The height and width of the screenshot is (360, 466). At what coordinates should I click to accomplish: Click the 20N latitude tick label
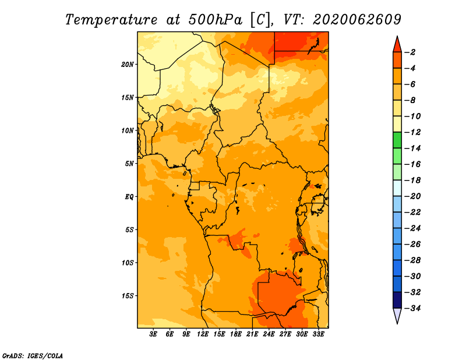128,65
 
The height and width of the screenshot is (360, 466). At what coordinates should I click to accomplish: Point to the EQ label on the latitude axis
129,197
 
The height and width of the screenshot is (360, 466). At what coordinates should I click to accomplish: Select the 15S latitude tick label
128,296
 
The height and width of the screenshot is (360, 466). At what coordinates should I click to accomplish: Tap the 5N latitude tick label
129,164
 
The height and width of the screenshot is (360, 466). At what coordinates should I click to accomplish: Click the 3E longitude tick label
153,334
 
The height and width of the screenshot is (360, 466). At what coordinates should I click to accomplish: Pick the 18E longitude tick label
236,334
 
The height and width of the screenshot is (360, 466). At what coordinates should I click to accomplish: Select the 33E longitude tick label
318,334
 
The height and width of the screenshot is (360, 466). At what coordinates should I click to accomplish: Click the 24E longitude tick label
269,334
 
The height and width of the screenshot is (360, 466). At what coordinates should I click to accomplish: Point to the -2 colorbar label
411,52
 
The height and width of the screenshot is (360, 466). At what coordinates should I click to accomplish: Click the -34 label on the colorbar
412,308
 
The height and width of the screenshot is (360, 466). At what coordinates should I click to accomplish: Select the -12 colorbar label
412,132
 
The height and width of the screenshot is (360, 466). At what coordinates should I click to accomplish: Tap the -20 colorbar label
412,196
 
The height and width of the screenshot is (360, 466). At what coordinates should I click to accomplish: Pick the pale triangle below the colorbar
397,315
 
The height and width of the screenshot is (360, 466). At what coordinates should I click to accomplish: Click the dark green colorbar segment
397,140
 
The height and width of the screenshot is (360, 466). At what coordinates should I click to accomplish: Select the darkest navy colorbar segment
397,300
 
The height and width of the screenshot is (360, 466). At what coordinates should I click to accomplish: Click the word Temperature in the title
111,20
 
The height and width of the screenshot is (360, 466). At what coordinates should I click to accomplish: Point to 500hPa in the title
216,20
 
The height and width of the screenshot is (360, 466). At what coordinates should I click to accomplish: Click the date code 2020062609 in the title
357,20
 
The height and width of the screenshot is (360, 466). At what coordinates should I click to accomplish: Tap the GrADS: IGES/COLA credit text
33,356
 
